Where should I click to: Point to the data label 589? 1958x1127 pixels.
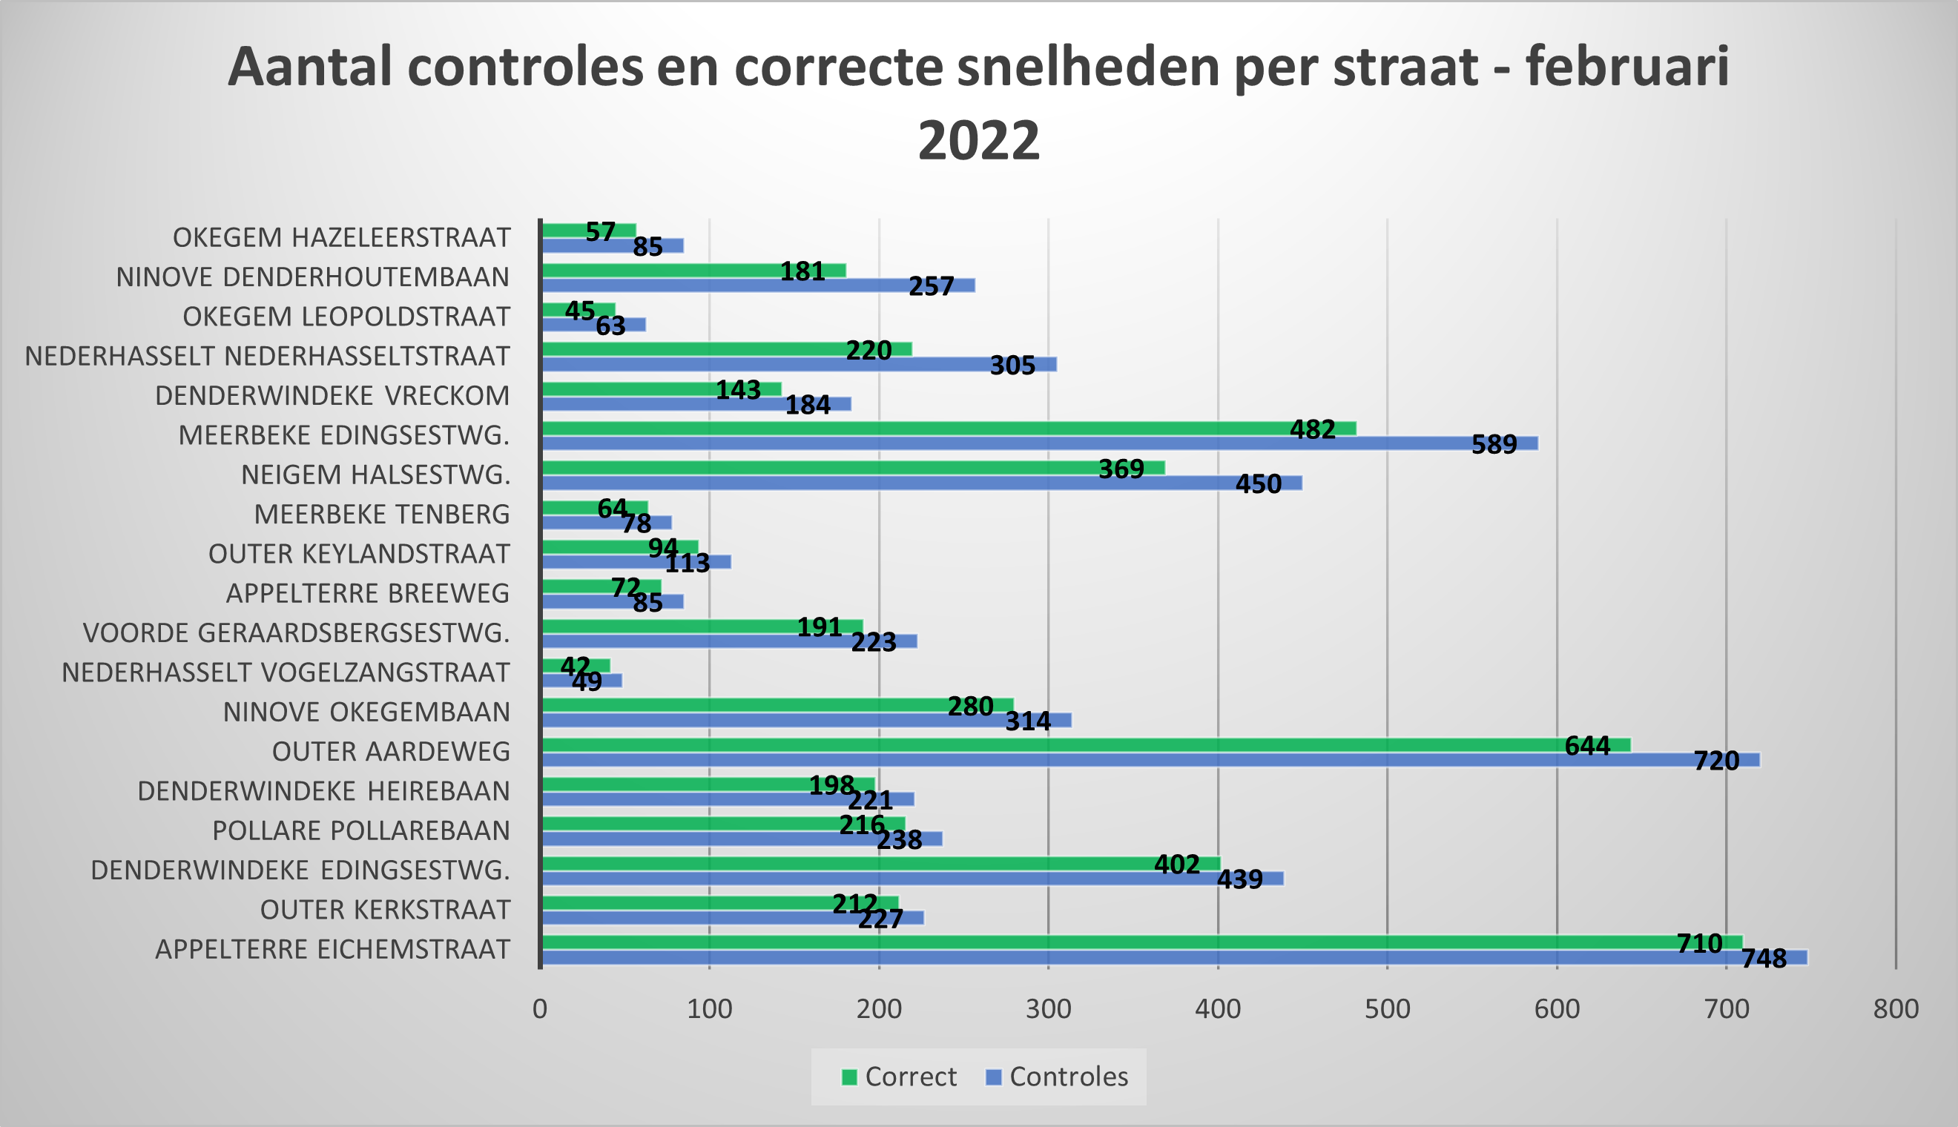1494,444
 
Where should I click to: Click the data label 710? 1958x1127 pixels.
1698,943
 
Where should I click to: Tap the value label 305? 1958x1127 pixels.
1012,366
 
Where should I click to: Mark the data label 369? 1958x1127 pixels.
1121,469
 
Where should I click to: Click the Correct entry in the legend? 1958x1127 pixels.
899,1077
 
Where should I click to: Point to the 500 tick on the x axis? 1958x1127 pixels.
1388,1009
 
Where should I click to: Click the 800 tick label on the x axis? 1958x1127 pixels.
1895,1009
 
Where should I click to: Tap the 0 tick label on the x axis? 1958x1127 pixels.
540,1009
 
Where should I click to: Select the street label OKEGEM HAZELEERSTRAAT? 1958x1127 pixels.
340,237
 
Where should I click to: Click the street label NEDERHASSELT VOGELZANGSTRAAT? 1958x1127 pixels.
286,672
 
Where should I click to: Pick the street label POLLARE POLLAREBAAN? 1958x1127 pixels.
360,830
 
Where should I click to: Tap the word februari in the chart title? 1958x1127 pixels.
1626,67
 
